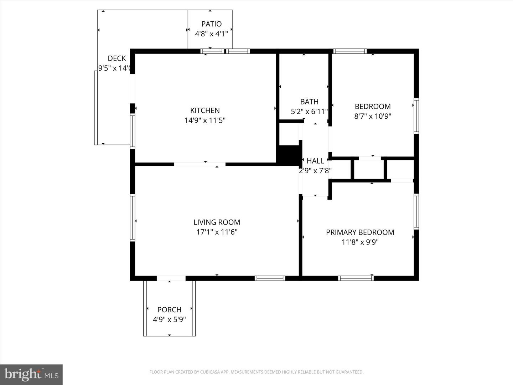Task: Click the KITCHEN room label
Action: click(205, 111)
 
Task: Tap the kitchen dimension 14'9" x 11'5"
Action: click(205, 120)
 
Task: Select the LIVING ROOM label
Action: click(217, 222)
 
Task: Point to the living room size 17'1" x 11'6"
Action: click(217, 232)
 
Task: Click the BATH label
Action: click(309, 102)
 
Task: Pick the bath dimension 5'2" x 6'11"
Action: click(309, 112)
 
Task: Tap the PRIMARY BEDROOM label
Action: click(360, 232)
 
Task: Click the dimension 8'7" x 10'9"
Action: click(373, 116)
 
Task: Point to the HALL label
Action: click(315, 161)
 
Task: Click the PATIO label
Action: click(211, 24)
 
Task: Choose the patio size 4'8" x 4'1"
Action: click(211, 34)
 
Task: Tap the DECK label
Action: click(117, 58)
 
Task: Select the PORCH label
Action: click(169, 310)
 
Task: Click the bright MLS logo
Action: click(31, 374)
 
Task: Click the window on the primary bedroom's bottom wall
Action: click(356, 278)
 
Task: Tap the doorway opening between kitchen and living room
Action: click(200, 164)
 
